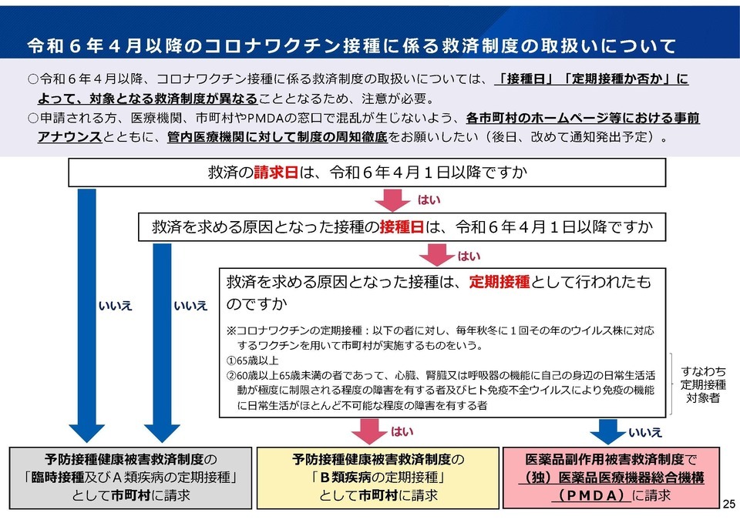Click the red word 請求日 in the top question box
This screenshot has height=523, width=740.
point(276,173)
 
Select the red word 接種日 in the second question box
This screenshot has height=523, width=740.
point(402,227)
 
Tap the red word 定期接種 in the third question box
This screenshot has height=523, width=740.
point(499,282)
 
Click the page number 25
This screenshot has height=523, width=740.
point(729,505)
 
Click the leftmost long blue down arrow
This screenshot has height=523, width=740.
point(87,316)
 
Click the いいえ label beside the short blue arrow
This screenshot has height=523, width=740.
point(645,432)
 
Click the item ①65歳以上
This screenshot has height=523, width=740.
point(252,360)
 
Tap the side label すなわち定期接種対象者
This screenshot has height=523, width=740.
point(703,385)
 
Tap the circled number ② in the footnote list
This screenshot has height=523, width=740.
point(231,375)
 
